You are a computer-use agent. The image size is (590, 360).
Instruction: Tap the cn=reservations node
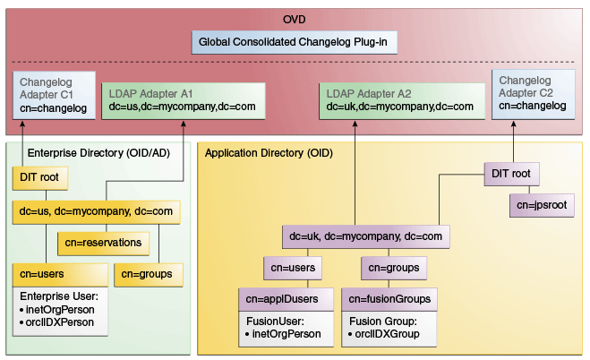tap(103, 242)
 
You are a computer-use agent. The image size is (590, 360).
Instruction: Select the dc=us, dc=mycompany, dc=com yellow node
tap(98, 212)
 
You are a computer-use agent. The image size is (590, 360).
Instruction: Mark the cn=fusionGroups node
tap(389, 298)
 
